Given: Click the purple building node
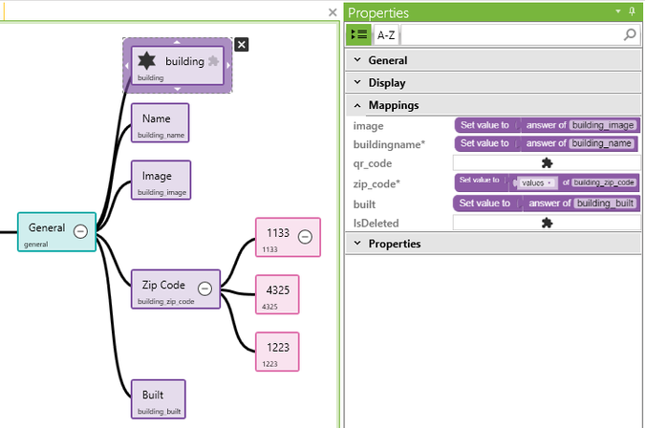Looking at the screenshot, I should [x=178, y=65].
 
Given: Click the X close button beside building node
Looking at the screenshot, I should [x=242, y=44].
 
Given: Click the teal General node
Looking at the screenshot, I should [x=48, y=231].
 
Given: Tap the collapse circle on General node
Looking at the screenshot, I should [x=81, y=230].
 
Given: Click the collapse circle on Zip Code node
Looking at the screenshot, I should [x=204, y=289].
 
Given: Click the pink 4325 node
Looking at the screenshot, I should [x=278, y=293].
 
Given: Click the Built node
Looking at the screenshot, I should [x=158, y=398].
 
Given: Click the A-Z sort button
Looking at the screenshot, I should [x=386, y=34].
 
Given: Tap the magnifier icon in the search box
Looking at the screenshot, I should [x=630, y=34].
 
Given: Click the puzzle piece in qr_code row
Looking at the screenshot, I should [x=547, y=163].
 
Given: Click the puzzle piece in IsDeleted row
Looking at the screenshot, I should [x=547, y=223].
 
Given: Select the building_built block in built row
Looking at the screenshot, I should [x=605, y=203].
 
